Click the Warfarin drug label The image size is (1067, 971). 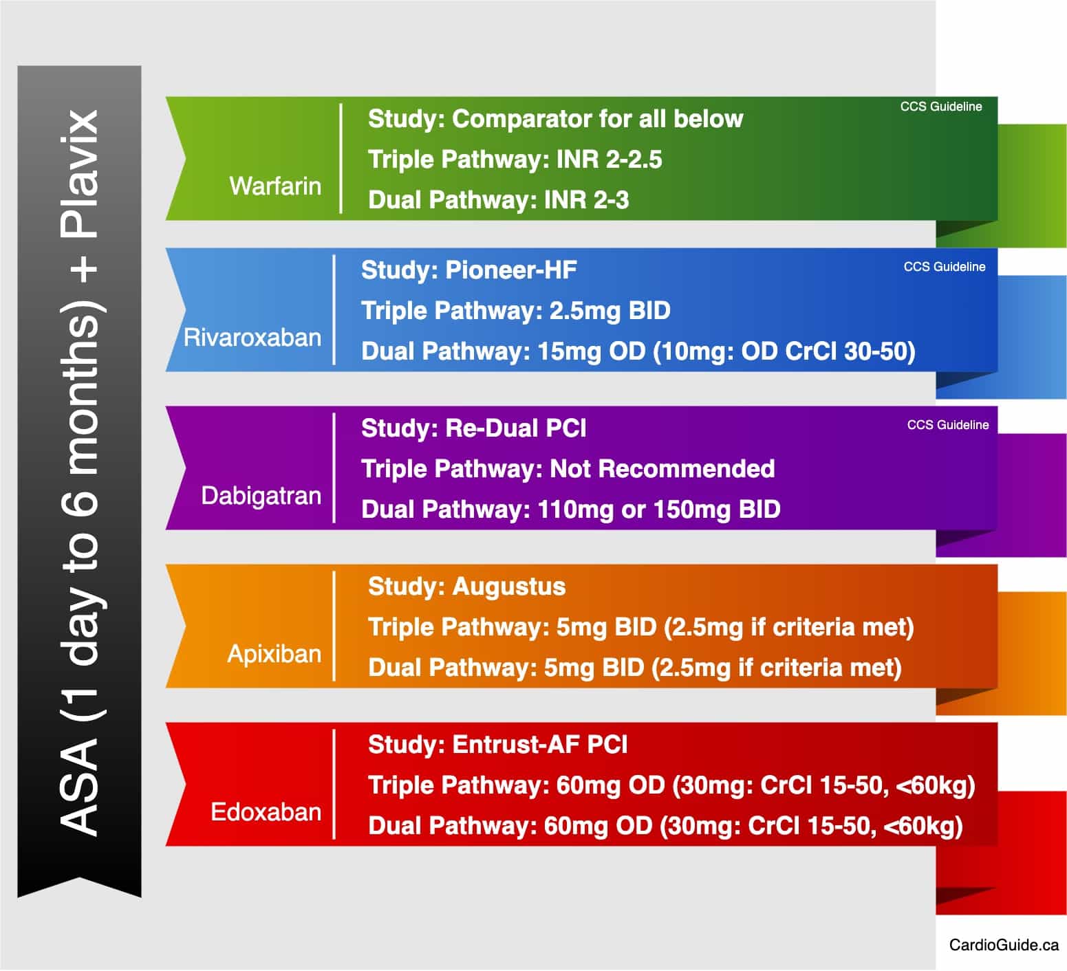coord(275,186)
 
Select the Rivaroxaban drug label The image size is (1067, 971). coord(252,338)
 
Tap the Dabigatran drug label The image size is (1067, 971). coord(261,497)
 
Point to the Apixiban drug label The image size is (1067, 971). coord(274,654)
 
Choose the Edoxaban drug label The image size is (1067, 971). coord(266,812)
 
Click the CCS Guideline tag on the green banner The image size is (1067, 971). coord(941,107)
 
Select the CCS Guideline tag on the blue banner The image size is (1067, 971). coord(945,267)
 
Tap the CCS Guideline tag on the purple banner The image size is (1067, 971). coord(948,425)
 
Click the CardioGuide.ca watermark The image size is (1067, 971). coord(1004,945)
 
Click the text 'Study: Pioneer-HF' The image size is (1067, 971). coord(468,270)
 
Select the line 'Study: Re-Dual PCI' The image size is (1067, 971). coord(474,428)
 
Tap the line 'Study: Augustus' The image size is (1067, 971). coord(466,587)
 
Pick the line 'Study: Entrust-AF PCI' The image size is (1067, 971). coord(498,745)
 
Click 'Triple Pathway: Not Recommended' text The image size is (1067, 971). coord(568,469)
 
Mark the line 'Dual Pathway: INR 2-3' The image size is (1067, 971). coord(499,200)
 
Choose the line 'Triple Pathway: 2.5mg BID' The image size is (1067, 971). coord(516,311)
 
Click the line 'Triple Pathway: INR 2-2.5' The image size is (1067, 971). coord(515,160)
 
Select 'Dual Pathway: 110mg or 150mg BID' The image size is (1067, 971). coord(571,510)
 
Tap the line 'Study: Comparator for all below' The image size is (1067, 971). coord(556,119)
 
